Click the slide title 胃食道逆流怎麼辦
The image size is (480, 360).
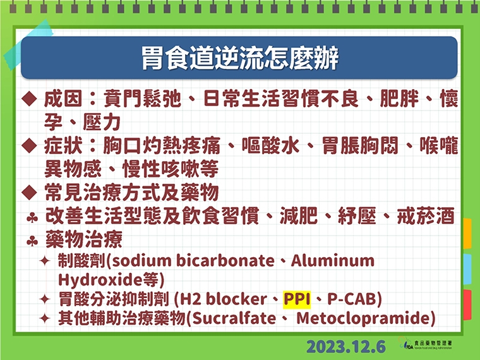pos(239,58)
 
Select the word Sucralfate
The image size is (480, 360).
pos(235,318)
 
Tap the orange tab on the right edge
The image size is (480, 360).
pos(467,234)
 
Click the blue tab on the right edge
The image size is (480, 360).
pos(467,270)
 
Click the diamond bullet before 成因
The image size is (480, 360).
pos(28,99)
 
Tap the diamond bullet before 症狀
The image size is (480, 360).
pos(28,147)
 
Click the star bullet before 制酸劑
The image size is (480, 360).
pos(45,261)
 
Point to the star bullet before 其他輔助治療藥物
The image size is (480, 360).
pos(45,318)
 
